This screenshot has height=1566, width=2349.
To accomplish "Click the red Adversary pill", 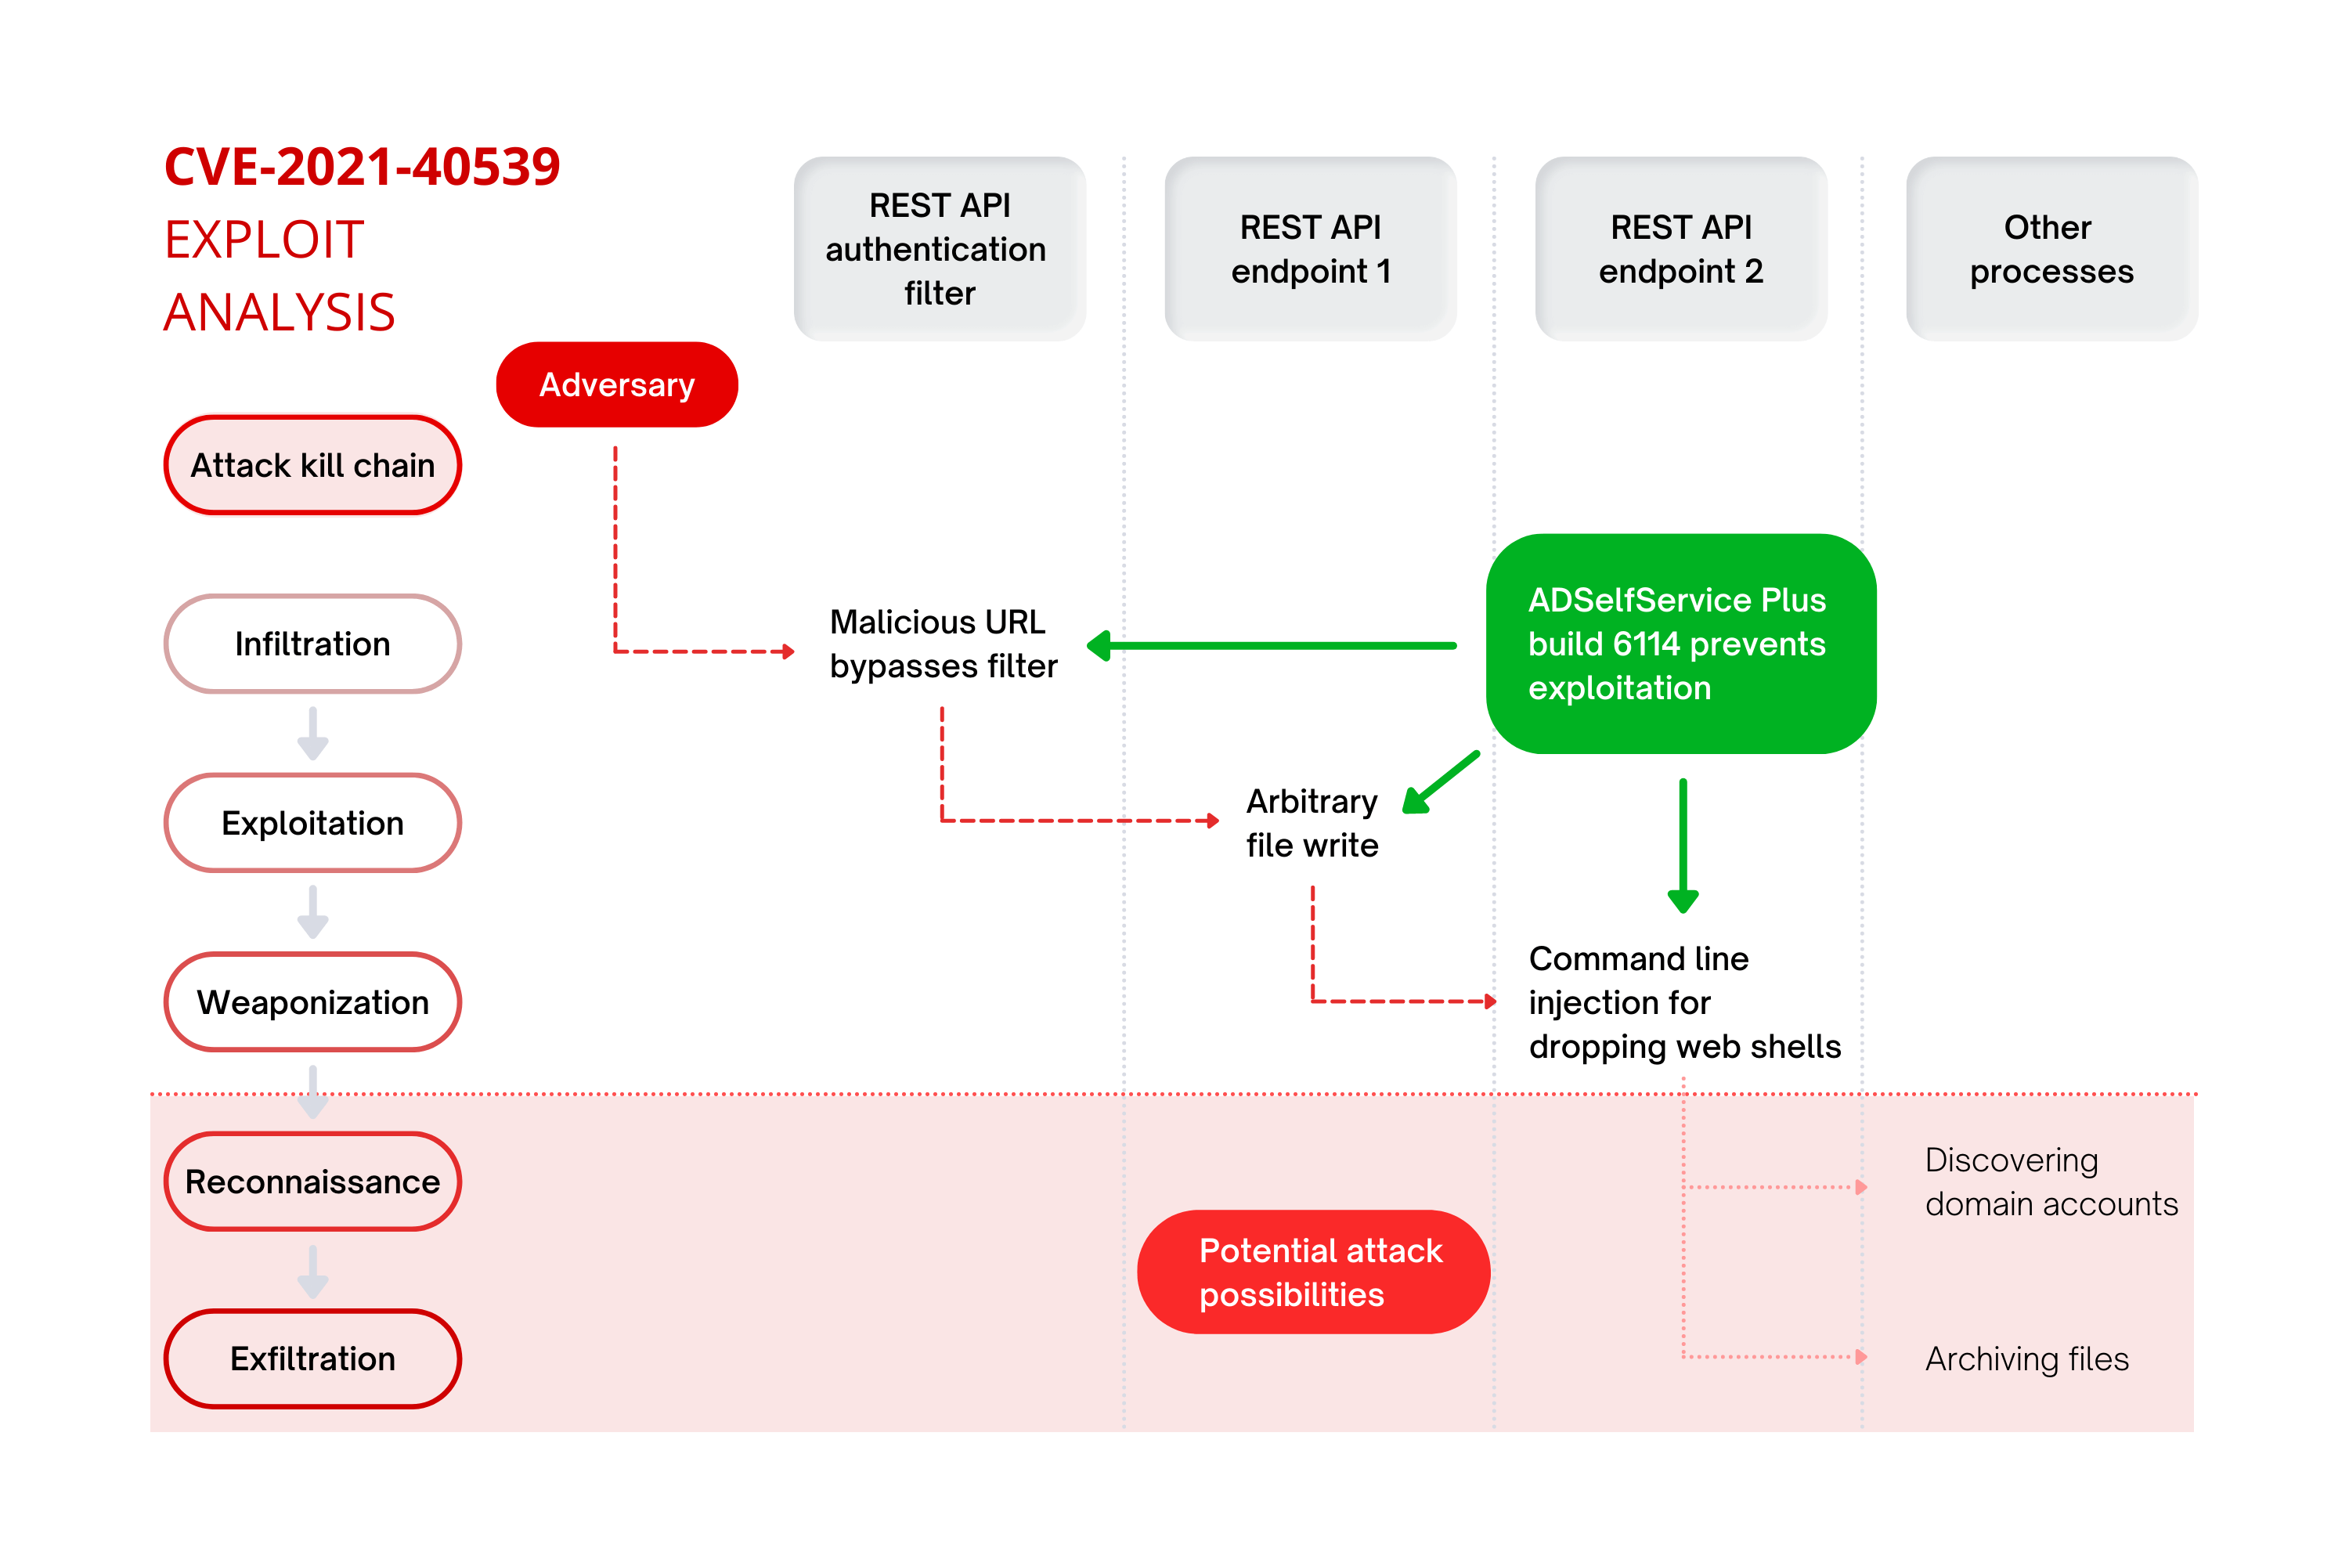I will (x=616, y=384).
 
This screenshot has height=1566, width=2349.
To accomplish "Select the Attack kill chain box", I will (x=312, y=465).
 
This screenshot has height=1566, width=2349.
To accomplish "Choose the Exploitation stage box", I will (x=312, y=823).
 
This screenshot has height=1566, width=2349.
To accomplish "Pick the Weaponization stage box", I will (x=312, y=1001).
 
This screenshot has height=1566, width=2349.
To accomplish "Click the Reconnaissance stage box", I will (x=312, y=1182).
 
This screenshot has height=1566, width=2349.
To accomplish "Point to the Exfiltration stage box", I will (x=312, y=1359).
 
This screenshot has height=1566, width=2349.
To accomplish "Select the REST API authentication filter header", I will (x=940, y=249).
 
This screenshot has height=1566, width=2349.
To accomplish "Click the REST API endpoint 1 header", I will (x=1310, y=249).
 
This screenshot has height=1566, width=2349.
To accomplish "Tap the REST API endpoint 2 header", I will (x=1681, y=249).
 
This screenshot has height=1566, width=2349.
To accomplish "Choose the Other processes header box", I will (x=2051, y=249).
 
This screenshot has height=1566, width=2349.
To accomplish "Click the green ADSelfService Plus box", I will (x=1681, y=644).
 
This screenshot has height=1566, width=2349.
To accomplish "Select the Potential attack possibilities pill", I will (x=1313, y=1272).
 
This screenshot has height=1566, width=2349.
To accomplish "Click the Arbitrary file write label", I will (x=1312, y=823).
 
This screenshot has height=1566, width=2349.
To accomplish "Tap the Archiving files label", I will (x=2026, y=1359).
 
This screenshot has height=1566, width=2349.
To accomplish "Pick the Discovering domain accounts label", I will (x=2051, y=1182).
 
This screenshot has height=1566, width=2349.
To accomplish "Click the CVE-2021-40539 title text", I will (x=363, y=167).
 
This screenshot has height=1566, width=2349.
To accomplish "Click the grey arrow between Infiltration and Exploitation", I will (x=312, y=734).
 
